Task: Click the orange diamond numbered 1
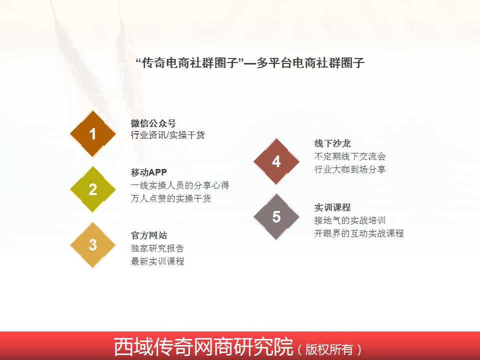coord(93,134)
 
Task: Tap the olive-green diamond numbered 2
coord(93,189)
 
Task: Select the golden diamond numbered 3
coord(93,245)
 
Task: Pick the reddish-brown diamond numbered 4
coord(276,161)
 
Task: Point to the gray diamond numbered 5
coord(276,216)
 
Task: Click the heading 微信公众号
coord(153,123)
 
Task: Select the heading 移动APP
coord(149,172)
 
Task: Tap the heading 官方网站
coord(149,235)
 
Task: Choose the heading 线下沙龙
coord(332,143)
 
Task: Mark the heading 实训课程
coord(332,207)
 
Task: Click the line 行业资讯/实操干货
coord(168,135)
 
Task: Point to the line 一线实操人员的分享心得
coord(180,185)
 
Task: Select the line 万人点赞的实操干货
coord(171,198)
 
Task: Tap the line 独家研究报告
coord(157,248)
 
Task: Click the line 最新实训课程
coord(157,261)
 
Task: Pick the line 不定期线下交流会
coord(350,156)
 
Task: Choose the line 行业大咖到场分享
coord(350,169)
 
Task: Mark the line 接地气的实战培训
coord(350,220)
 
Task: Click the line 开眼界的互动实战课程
coord(359,233)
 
